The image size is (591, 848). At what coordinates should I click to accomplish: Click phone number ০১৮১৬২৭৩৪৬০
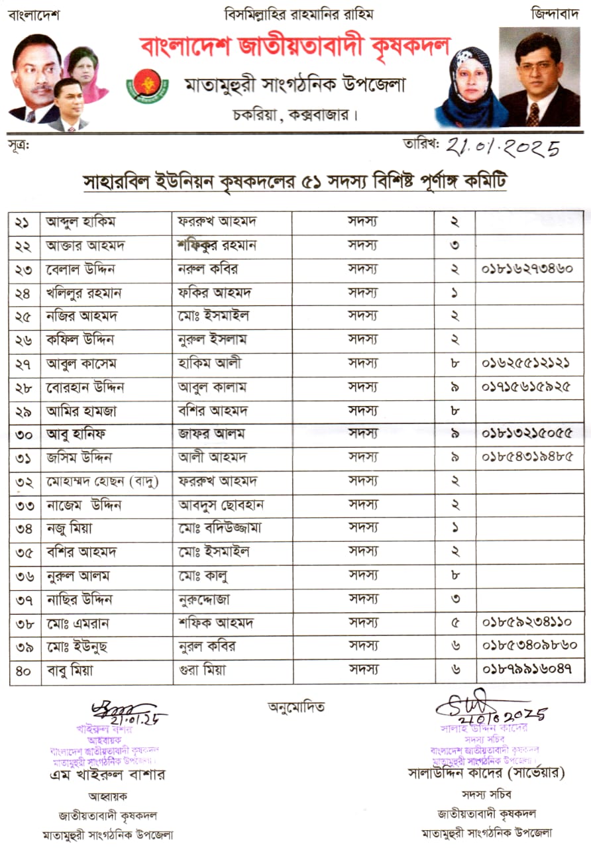pyautogui.click(x=528, y=270)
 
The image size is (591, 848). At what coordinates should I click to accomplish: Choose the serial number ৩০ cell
pyautogui.click(x=25, y=434)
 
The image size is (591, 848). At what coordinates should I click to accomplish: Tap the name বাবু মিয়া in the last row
pyautogui.click(x=70, y=670)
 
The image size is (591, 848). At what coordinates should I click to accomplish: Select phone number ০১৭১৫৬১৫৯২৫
pyautogui.click(x=528, y=386)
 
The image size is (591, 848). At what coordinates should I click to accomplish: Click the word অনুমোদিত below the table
pyautogui.click(x=296, y=707)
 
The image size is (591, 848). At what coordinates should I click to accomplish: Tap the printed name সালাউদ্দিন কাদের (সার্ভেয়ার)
pyautogui.click(x=486, y=772)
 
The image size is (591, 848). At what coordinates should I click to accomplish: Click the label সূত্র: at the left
pyautogui.click(x=20, y=142)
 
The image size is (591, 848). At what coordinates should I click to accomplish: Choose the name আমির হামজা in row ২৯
pyautogui.click(x=81, y=411)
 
